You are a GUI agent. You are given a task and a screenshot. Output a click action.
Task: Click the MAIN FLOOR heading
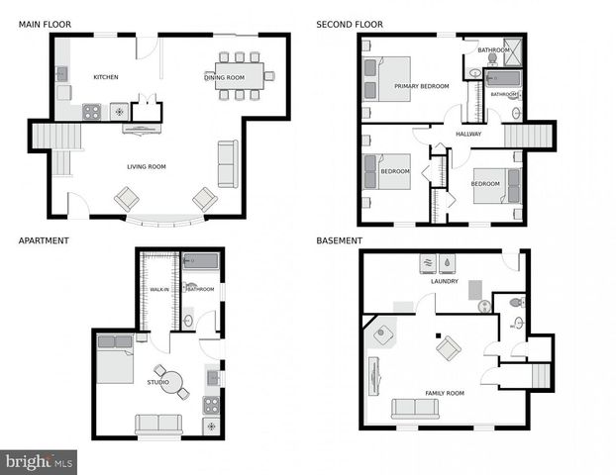(43, 23)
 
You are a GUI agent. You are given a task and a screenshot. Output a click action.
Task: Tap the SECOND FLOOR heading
(350, 23)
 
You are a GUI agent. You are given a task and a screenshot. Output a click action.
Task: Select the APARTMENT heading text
(44, 240)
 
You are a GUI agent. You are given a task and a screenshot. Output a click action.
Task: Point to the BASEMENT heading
(339, 240)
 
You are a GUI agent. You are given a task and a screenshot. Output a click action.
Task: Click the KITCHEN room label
(106, 77)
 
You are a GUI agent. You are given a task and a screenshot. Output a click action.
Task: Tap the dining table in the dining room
(240, 76)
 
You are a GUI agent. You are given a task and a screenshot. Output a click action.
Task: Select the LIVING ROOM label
(146, 166)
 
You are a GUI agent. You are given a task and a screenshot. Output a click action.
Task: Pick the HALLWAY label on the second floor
(468, 135)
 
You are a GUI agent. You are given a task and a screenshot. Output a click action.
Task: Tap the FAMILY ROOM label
(445, 393)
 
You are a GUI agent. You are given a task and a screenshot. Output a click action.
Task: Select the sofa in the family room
(415, 409)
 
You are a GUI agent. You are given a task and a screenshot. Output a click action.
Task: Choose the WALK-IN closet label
(157, 289)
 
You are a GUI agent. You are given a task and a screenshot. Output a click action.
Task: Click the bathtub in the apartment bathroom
(201, 262)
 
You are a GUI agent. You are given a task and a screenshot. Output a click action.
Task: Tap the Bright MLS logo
(39, 461)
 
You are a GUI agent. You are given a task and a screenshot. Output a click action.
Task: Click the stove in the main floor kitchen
(91, 112)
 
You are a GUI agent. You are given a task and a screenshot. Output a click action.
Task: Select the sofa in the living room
(228, 163)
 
